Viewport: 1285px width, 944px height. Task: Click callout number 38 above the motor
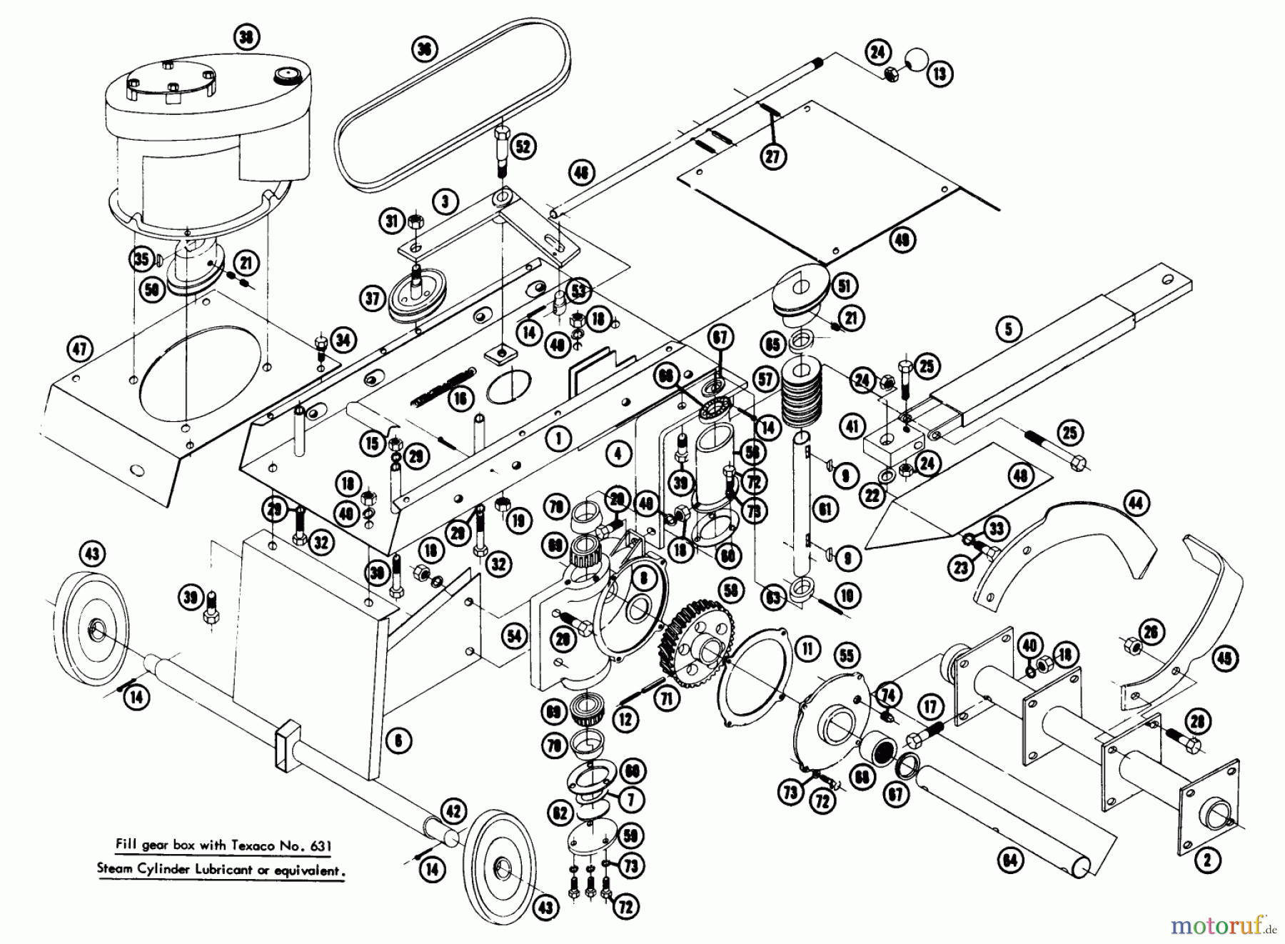pyautogui.click(x=246, y=37)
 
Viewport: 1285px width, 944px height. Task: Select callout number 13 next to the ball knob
pyautogui.click(x=940, y=74)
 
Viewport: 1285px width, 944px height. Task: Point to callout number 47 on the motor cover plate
pyautogui.click(x=79, y=349)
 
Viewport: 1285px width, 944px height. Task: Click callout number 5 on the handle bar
pyautogui.click(x=1009, y=329)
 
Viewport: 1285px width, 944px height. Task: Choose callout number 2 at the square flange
pyautogui.click(x=1207, y=860)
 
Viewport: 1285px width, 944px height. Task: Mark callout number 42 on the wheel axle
pyautogui.click(x=455, y=812)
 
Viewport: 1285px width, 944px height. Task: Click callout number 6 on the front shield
pyautogui.click(x=398, y=740)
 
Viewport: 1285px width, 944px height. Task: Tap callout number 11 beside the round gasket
pyautogui.click(x=807, y=649)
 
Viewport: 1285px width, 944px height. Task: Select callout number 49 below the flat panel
pyautogui.click(x=902, y=241)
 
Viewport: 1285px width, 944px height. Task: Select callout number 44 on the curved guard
pyautogui.click(x=1135, y=503)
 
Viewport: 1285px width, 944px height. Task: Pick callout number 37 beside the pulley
pyautogui.click(x=373, y=298)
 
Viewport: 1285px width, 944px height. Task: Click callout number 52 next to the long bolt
pyautogui.click(x=523, y=147)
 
